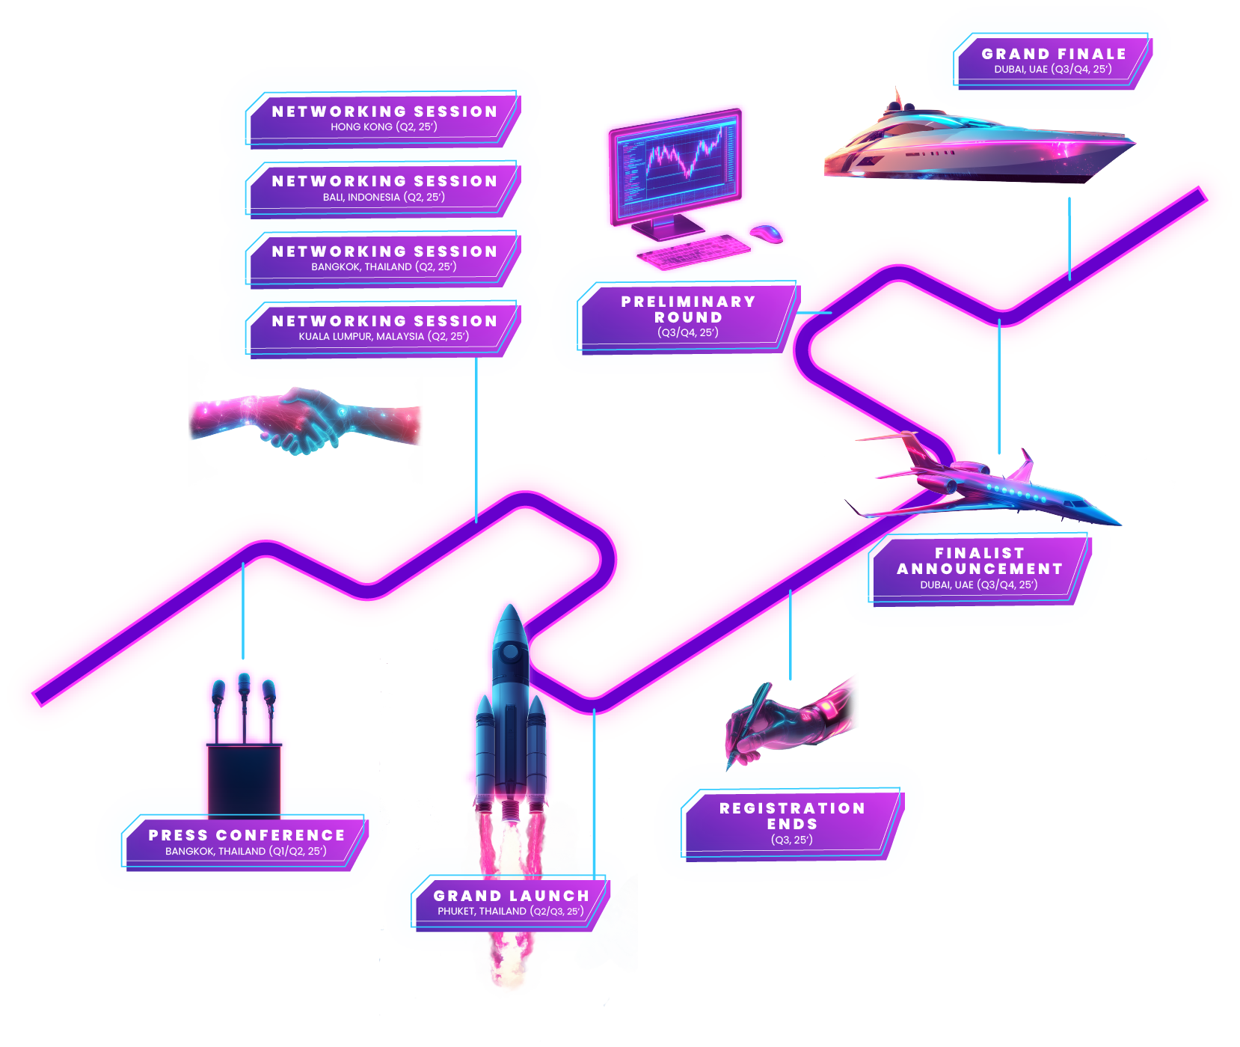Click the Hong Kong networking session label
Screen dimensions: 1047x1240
(384, 118)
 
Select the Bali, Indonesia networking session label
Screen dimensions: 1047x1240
(384, 189)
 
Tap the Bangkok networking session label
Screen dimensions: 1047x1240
(384, 258)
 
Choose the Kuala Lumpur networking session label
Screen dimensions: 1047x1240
(384, 328)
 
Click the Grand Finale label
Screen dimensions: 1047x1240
(1053, 61)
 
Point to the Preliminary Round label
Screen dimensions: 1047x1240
(687, 317)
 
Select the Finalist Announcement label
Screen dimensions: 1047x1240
(979, 568)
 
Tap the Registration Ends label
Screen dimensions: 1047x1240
(792, 823)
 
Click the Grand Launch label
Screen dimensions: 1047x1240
(511, 903)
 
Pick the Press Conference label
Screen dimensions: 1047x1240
(246, 842)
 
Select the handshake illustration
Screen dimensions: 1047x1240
(303, 421)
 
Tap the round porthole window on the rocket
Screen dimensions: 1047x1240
(511, 652)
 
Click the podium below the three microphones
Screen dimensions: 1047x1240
(244, 778)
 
